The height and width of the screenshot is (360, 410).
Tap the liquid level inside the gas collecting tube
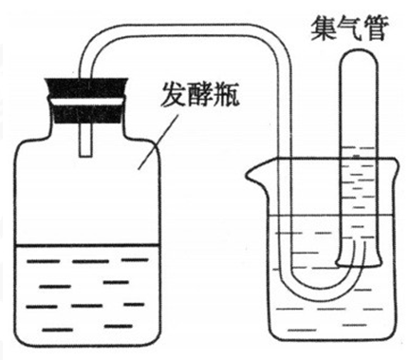point(357,142)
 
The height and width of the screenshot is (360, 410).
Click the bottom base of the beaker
point(328,340)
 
